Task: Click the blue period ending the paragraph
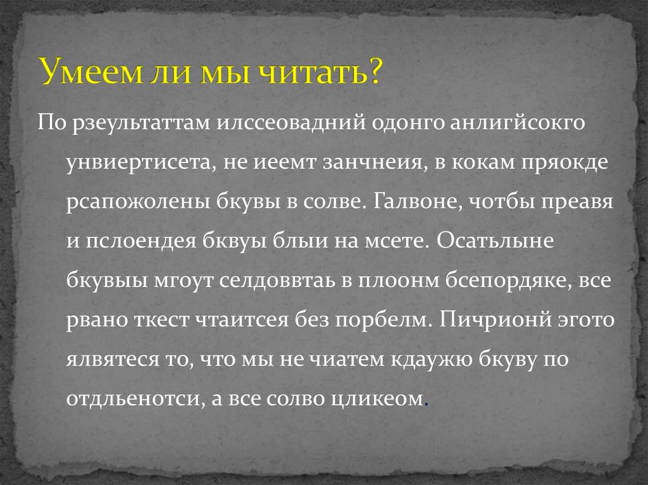424,404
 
